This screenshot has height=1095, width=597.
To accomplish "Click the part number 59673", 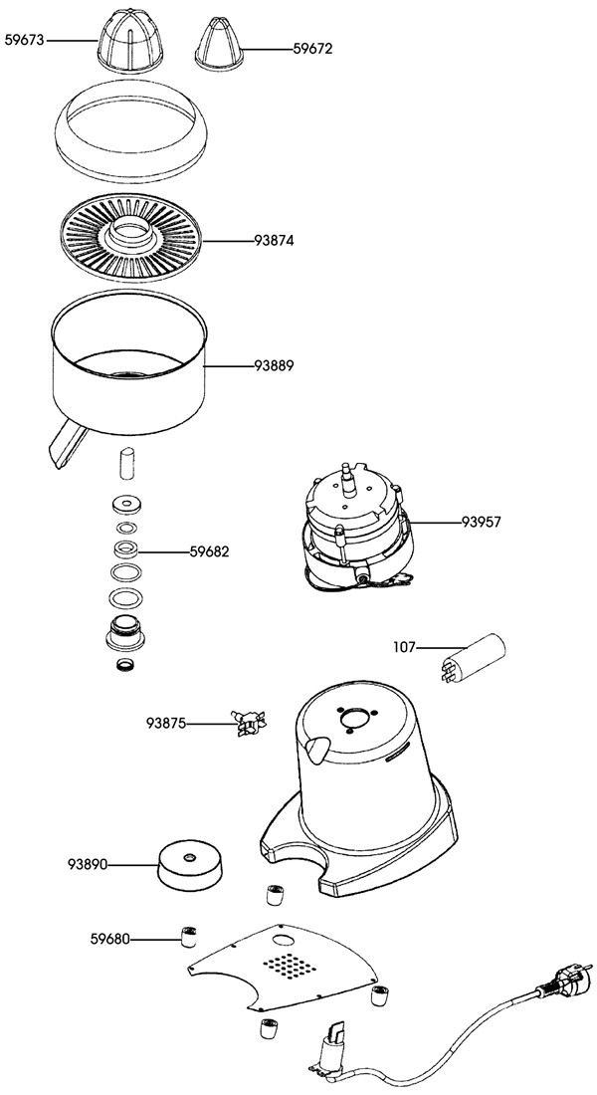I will pos(25,41).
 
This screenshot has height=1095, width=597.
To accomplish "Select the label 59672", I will pos(311,48).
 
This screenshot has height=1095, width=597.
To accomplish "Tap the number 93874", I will pos(274,241).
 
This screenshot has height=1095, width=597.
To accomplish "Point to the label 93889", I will pos(274,366).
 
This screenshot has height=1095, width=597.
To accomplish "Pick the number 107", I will pos(404,647).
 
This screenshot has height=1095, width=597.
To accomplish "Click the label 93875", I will pos(167,723).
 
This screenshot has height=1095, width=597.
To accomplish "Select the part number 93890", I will pos(88,863).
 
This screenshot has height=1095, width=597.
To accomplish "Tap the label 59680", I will pos(110,938).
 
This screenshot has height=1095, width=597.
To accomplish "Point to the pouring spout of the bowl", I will pos(62,444).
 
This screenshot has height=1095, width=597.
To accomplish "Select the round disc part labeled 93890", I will pos(188,864).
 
